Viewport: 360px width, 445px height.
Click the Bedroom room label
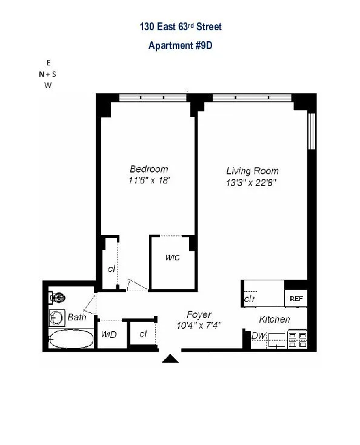coord(148,169)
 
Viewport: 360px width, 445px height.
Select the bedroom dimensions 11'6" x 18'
coord(148,180)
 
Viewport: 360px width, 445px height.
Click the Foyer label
coord(199,314)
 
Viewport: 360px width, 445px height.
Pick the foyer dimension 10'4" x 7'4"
coord(199,325)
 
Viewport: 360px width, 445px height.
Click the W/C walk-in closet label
coord(172,257)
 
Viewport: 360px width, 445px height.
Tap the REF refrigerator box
coord(296,298)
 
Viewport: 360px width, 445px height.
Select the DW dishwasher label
coord(258,336)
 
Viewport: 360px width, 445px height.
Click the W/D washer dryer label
coord(109,334)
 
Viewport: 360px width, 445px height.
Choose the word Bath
coord(77,317)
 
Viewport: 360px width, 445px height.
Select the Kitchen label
coord(274,319)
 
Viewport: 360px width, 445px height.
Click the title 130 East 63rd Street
coord(179,27)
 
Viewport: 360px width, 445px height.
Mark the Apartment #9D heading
coord(179,45)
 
